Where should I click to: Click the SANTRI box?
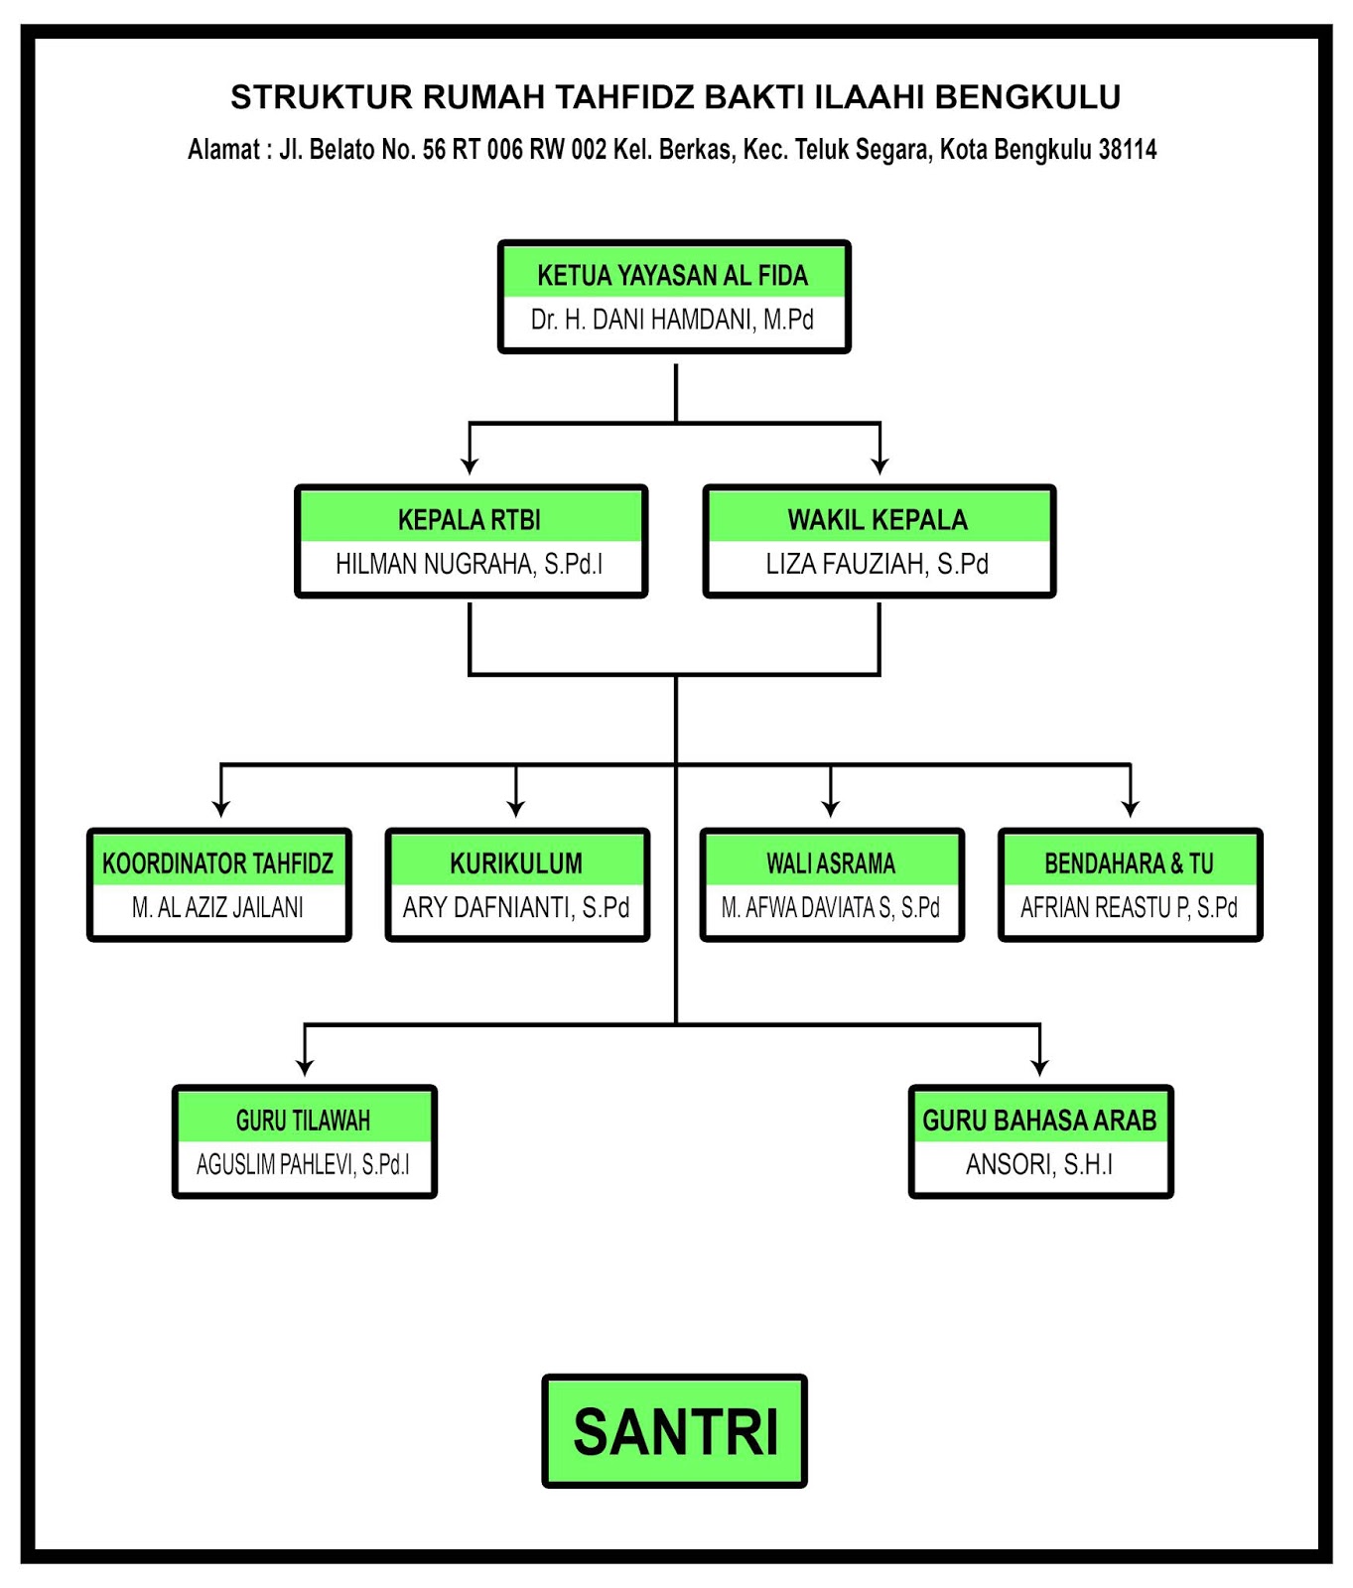tap(675, 1430)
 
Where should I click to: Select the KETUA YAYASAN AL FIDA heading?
tap(673, 276)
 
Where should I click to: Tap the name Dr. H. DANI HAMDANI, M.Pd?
tap(673, 320)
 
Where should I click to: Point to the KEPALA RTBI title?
tap(470, 520)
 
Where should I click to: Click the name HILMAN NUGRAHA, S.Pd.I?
tap(470, 564)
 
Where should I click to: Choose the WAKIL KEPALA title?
tap(878, 520)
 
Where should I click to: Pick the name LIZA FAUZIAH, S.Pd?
tap(878, 564)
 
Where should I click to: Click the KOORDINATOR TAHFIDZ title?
tap(218, 863)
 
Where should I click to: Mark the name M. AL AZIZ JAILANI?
tap(218, 907)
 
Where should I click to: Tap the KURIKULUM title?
tap(516, 863)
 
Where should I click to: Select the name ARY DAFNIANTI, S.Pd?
tap(516, 907)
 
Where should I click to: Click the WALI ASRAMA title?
tap(831, 863)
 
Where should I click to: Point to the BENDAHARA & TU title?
tap(1130, 863)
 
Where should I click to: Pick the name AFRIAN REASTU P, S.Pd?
tap(1130, 907)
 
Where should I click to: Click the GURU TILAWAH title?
tap(304, 1121)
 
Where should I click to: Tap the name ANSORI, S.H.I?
tap(1039, 1164)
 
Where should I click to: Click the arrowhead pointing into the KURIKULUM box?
tap(516, 807)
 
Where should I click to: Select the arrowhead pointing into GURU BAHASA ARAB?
tap(1039, 1066)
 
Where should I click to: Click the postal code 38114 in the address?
tap(1128, 150)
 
